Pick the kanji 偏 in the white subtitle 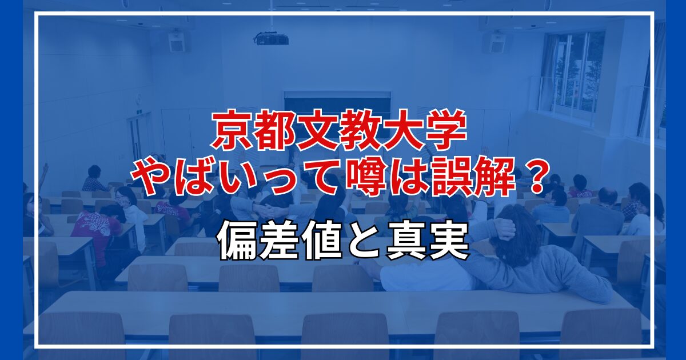[237, 242]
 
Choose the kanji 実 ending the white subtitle [449, 242]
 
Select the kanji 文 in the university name [317, 131]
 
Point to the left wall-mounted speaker [177, 41]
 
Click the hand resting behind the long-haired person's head [505, 228]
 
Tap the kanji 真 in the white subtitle [406, 242]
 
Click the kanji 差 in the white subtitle [280, 242]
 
